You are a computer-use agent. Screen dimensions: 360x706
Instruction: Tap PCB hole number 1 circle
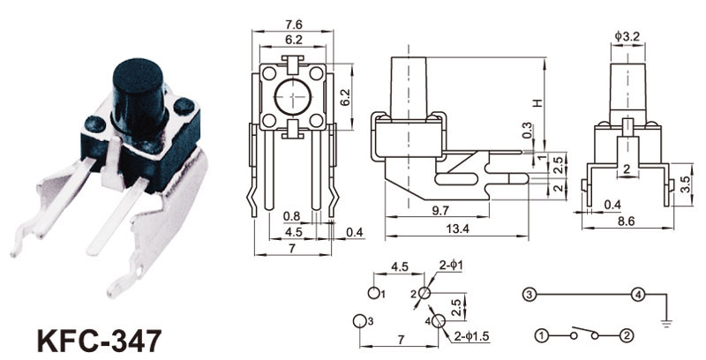pos(375,292)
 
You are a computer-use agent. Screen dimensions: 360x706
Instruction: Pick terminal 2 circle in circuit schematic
pos(626,335)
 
